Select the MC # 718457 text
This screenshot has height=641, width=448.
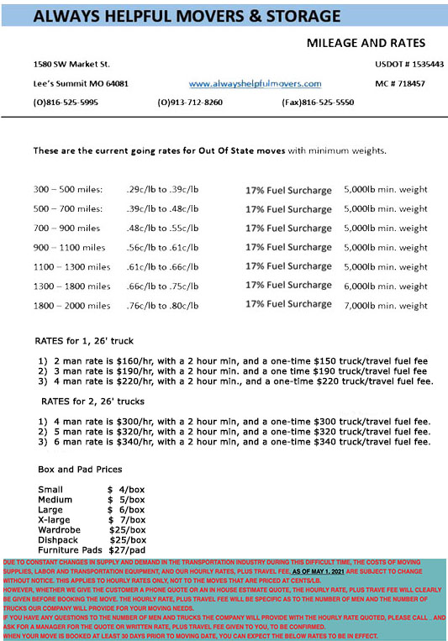399,84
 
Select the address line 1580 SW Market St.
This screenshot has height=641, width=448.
71,64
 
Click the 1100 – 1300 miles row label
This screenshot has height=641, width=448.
71,265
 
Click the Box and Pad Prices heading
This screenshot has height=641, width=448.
81,468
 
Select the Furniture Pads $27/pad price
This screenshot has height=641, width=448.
128,550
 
